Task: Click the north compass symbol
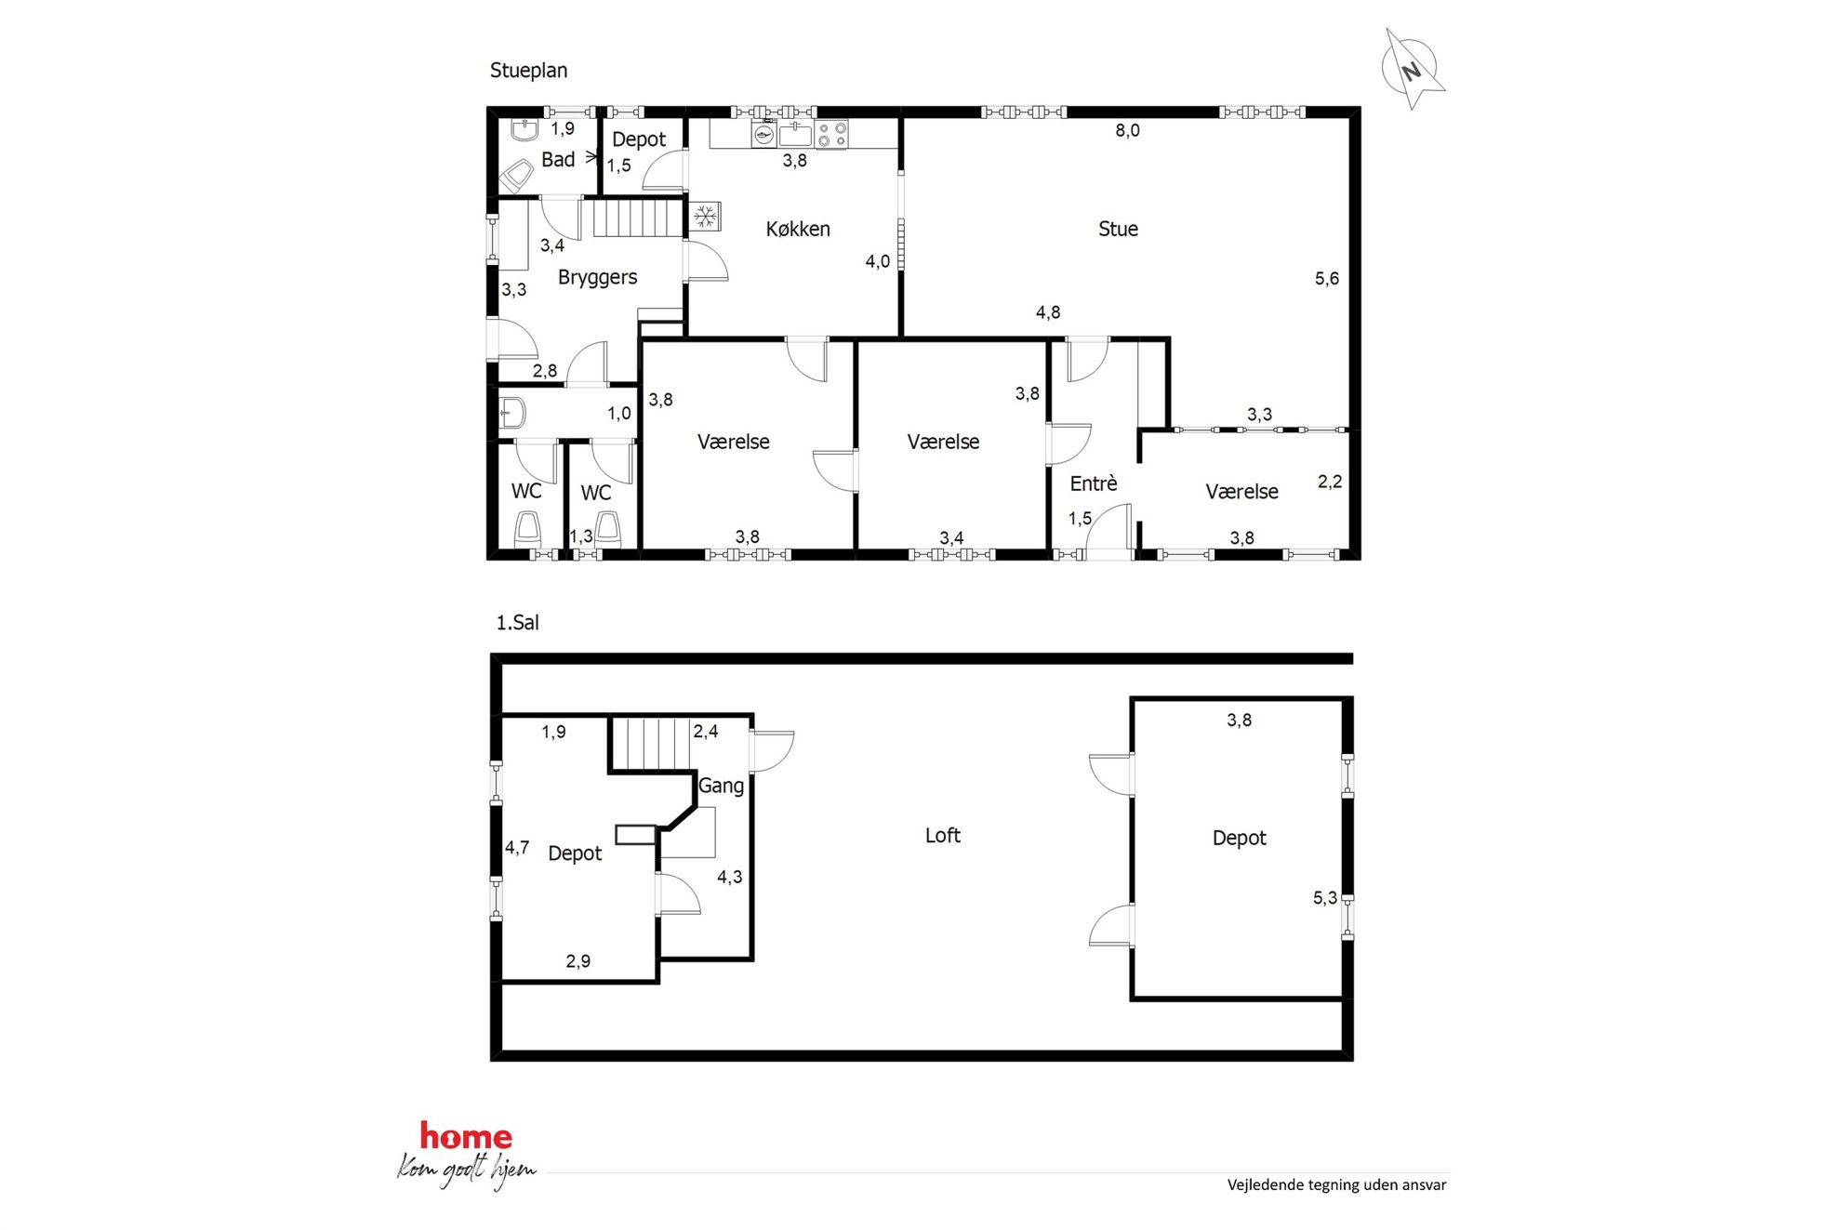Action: tap(1412, 69)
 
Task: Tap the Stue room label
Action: tap(1118, 229)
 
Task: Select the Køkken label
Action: tap(798, 229)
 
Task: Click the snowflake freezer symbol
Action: tap(706, 218)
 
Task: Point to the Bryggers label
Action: tap(597, 278)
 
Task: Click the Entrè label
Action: tap(1094, 483)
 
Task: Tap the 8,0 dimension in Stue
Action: tap(1127, 131)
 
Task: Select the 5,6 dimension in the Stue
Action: tap(1327, 279)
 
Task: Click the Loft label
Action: tap(943, 836)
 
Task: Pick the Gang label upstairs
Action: tap(721, 787)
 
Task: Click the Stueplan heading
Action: tap(528, 71)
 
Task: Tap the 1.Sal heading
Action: tap(517, 623)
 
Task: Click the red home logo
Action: tap(466, 1136)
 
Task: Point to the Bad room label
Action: tap(558, 160)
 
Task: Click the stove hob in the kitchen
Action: tap(831, 135)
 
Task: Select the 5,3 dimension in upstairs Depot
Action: tap(1325, 898)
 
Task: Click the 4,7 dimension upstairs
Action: tap(517, 848)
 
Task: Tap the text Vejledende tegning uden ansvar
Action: tap(1336, 1185)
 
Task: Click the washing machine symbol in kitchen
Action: tap(764, 135)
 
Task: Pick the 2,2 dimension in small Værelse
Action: tap(1330, 482)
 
